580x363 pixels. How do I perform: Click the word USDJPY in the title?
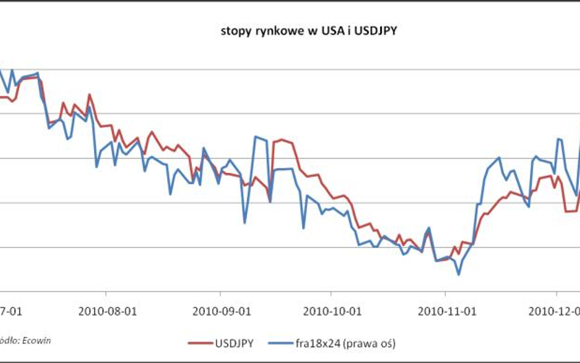click(376, 31)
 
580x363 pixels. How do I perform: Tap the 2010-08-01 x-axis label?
click(106, 311)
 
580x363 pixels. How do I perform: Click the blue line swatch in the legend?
click(278, 343)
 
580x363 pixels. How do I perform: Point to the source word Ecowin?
click(37, 340)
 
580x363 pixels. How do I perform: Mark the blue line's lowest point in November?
click(458, 274)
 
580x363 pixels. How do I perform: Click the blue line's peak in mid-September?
click(256, 137)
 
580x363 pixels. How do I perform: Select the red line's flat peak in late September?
click(283, 140)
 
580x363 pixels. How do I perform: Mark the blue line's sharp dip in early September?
click(244, 222)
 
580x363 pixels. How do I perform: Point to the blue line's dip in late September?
click(303, 228)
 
